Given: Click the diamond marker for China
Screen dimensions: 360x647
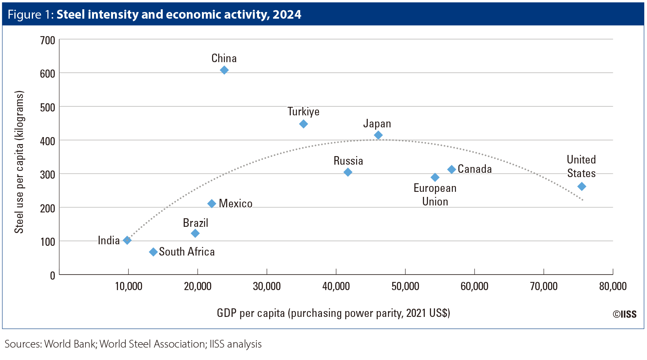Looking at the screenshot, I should point(224,70).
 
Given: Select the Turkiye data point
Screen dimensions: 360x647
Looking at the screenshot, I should point(304,124).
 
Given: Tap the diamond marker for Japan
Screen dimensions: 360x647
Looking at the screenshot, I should point(378,135).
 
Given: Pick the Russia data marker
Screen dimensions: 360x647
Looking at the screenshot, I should point(348,172).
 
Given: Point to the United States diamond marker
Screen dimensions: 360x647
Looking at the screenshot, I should point(582,186).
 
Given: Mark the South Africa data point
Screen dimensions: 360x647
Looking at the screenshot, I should point(153,252).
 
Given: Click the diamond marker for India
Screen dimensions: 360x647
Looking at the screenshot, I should point(127,240).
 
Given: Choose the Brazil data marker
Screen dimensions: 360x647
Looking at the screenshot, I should point(195,233).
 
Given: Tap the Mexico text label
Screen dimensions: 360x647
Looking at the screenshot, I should point(235,203).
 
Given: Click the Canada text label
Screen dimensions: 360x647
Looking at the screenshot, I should point(475,169).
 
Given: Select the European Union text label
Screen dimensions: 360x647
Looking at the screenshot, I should point(435,195).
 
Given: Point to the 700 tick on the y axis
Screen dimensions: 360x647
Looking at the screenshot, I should point(47,40).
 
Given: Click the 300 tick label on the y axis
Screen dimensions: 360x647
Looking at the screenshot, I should point(47,175).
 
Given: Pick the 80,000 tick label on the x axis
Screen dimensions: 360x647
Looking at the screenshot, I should point(613,287).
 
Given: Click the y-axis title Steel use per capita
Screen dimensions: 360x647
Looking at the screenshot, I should point(19,162).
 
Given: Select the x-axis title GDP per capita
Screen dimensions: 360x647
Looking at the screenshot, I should point(333,313).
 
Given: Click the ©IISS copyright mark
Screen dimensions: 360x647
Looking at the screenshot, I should point(624,314).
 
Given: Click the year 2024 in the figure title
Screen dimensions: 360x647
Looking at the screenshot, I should point(287,14).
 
